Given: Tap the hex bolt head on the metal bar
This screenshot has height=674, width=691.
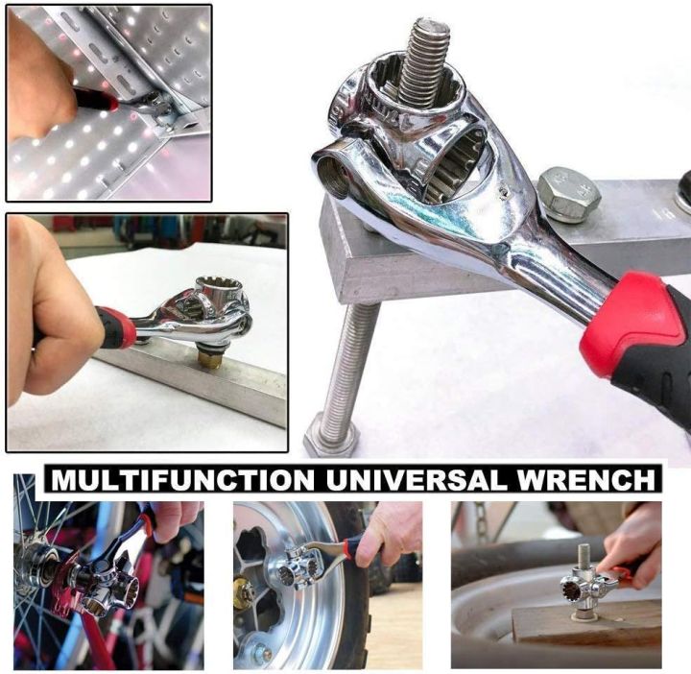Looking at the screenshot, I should point(568,194).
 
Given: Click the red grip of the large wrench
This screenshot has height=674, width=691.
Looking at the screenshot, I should point(634,323).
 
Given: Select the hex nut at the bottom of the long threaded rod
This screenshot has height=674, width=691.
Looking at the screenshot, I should point(330,438).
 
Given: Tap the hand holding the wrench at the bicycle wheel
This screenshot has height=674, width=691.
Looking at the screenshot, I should point(173,519).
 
